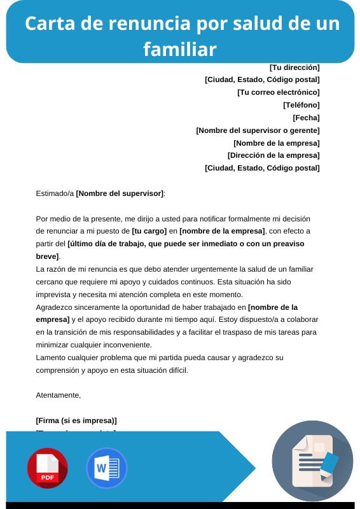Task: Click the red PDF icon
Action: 47,468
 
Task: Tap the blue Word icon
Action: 106,468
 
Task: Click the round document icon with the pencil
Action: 312,461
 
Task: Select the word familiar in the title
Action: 180,48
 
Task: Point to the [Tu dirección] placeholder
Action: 294,67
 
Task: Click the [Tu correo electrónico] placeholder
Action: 278,92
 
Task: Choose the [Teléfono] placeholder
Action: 301,105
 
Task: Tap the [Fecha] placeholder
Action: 306,118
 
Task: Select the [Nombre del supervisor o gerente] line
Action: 258,130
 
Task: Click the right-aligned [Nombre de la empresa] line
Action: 276,143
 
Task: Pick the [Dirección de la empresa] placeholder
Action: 273,155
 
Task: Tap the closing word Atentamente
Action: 58,395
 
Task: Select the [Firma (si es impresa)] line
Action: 76,421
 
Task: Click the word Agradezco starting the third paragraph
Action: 53,307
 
